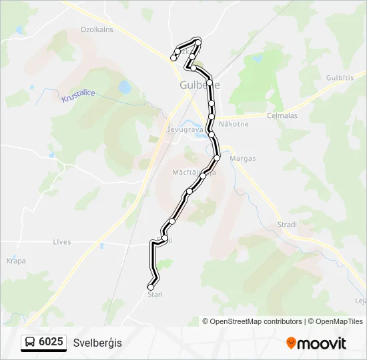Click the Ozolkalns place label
[97, 29]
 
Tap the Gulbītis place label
[340, 78]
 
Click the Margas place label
[242, 159]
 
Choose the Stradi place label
[287, 225]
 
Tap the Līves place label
[61, 242]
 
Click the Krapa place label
[16, 261]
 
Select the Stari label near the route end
[155, 294]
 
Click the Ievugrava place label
[184, 130]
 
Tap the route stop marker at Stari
[150, 287]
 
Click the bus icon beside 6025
[31, 343]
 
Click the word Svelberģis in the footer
[98, 343]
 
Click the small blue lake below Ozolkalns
[125, 87]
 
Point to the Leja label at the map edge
[361, 301]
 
